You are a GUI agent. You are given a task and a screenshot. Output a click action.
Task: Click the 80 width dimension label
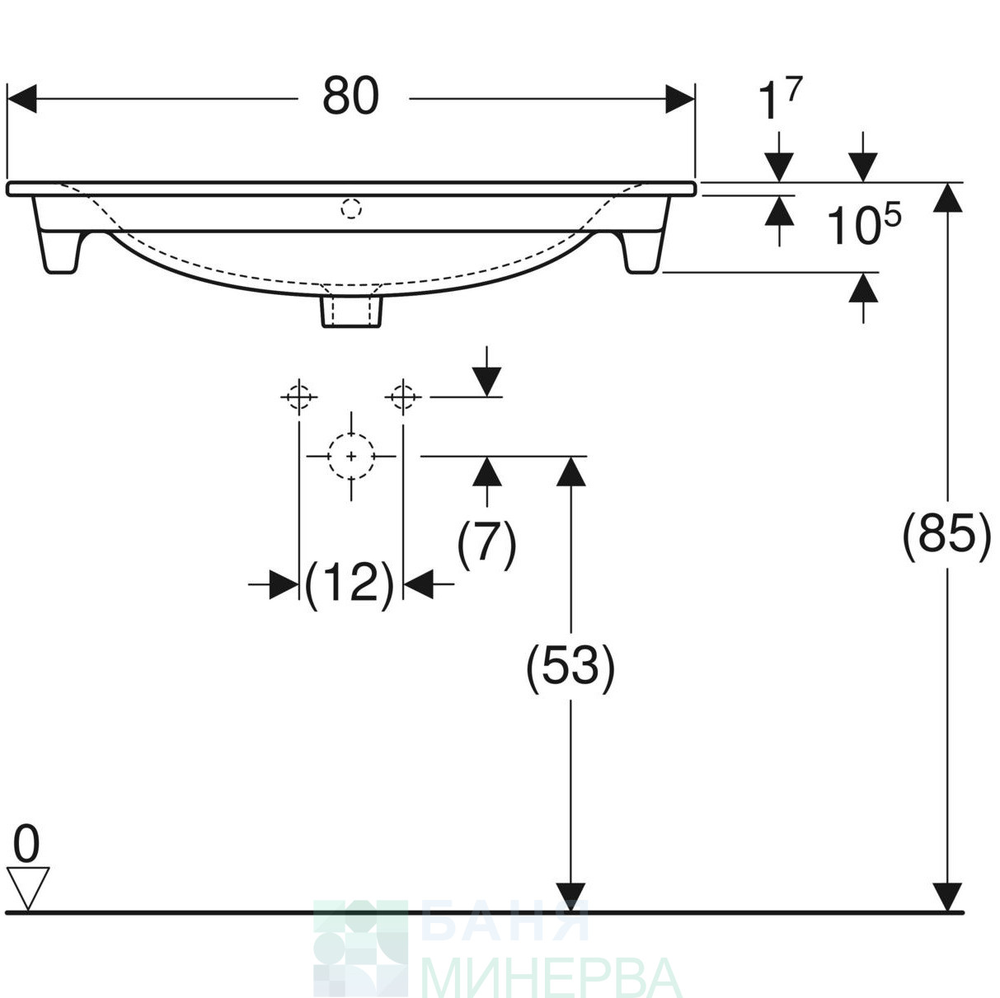tap(351, 96)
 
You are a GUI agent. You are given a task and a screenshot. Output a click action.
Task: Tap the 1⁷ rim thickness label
tap(780, 97)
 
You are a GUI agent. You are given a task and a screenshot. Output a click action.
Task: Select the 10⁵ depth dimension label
tap(863, 224)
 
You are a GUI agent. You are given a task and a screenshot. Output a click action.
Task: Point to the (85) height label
tap(947, 537)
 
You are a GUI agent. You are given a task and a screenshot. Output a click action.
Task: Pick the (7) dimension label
tap(486, 545)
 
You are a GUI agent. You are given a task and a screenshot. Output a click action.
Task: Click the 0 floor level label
tap(26, 845)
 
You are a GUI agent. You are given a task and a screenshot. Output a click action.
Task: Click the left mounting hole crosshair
tap(299, 397)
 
